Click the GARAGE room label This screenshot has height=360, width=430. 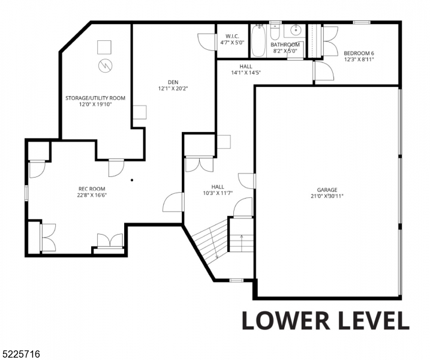(x=327, y=190)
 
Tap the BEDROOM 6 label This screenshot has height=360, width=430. (x=359, y=53)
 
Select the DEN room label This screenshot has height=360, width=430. (x=173, y=82)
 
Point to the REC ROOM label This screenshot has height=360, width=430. (x=92, y=189)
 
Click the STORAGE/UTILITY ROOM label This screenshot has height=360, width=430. (x=95, y=98)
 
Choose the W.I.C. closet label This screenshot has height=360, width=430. (x=232, y=36)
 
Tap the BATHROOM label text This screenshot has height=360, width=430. (x=285, y=44)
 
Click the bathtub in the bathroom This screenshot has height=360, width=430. (x=258, y=41)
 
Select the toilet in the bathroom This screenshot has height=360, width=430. (x=275, y=32)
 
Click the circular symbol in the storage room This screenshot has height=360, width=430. (x=106, y=65)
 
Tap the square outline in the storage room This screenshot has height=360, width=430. (x=104, y=47)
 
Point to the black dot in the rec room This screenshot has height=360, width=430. (x=132, y=180)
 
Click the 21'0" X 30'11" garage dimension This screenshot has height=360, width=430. (x=327, y=196)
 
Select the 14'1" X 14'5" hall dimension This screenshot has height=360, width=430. (x=246, y=73)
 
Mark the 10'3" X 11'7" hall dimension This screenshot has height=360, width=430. (x=218, y=193)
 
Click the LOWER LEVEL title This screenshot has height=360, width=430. (x=326, y=320)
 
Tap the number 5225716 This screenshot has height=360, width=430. (x=20, y=354)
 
